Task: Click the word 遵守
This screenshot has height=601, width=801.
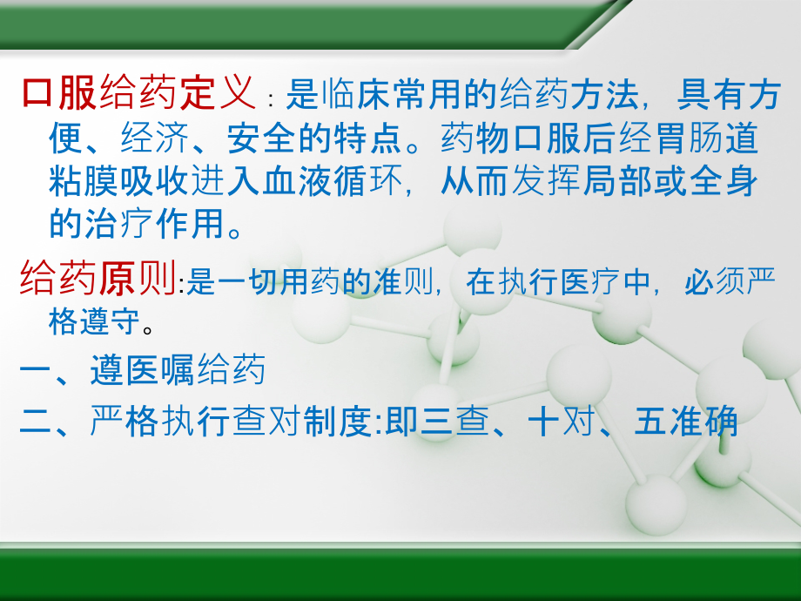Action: pyautogui.click(x=103, y=327)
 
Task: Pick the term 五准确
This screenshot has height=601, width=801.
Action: pyautogui.click(x=687, y=421)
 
